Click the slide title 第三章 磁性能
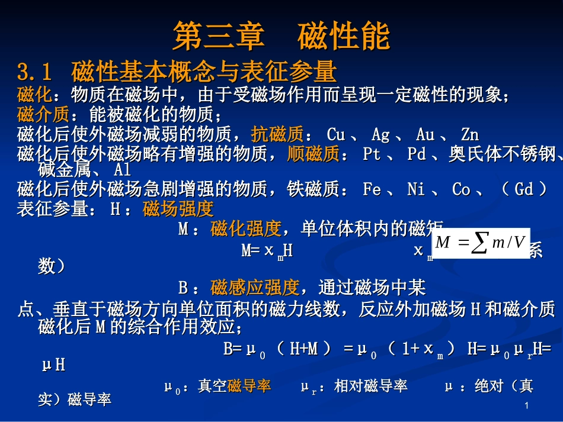coord(281,37)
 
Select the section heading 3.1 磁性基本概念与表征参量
coord(177,72)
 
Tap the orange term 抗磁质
coord(277,134)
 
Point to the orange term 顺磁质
coord(313,154)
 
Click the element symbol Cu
coord(335,135)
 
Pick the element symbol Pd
coord(417,155)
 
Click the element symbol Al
coord(122,170)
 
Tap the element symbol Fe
coord(372,190)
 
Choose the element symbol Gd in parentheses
coord(524,190)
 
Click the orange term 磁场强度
coord(178,209)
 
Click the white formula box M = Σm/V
coord(481,243)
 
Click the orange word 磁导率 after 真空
coord(249,386)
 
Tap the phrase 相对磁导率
coord(370,386)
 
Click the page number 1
coord(526,406)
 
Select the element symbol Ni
coord(416,190)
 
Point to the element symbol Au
coord(425,135)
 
